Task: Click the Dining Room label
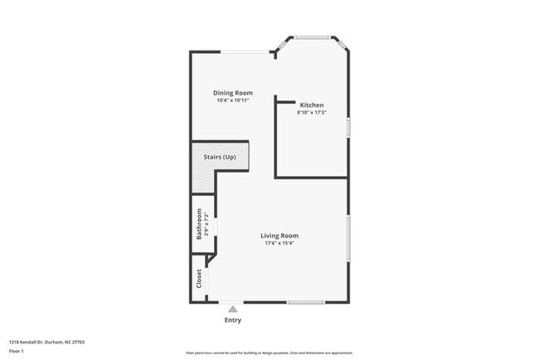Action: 232,93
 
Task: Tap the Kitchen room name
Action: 312,105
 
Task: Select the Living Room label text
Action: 279,236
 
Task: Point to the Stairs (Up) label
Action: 220,156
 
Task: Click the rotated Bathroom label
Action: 199,224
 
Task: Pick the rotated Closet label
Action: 199,279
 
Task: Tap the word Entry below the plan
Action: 233,319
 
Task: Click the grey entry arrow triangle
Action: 232,309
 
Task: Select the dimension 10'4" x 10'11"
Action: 233,100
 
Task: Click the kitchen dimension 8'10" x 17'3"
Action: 312,113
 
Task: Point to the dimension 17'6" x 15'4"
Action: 279,243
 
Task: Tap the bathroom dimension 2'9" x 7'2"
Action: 206,224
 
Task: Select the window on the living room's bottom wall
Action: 305,302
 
